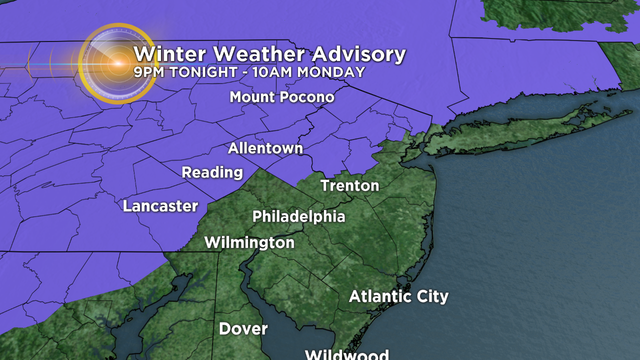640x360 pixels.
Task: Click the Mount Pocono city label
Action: coord(281,97)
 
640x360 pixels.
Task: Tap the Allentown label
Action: coord(265,148)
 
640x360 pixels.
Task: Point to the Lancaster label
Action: coord(160,206)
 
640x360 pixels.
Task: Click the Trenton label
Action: coord(350,186)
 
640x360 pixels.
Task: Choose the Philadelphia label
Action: coord(299,217)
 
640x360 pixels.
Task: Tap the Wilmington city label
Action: coord(249,243)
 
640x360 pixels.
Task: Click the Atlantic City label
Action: coord(399,296)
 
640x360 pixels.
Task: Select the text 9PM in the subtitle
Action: coord(148,72)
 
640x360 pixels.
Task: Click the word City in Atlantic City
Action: coord(431,296)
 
